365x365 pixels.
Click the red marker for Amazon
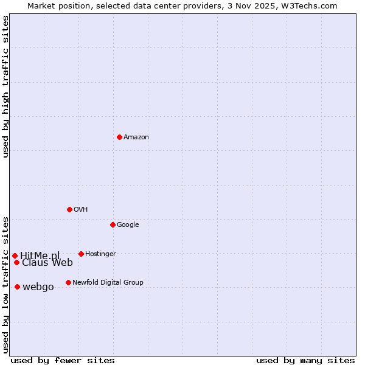[x=119, y=137]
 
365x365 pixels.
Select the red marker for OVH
[x=69, y=209]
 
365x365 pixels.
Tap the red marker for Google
[x=113, y=224]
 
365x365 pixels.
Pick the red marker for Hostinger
[x=81, y=254]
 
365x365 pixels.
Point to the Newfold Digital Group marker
[x=68, y=282]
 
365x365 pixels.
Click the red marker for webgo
[x=17, y=287]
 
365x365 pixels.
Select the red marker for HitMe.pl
[x=15, y=255]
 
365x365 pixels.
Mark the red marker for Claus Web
[x=16, y=262]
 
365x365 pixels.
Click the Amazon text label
[x=136, y=137]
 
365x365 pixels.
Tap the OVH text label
[x=81, y=210]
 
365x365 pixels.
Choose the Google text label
[x=128, y=225]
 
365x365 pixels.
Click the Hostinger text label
[x=100, y=254]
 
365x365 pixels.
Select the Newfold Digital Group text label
[x=108, y=283]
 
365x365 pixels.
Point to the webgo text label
[x=38, y=287]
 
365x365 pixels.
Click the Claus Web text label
[x=47, y=263]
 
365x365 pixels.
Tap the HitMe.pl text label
[x=40, y=255]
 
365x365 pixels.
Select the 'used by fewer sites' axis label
[x=63, y=360]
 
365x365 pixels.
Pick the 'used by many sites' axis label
[x=305, y=360]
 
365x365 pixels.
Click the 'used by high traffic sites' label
[x=5, y=86]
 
